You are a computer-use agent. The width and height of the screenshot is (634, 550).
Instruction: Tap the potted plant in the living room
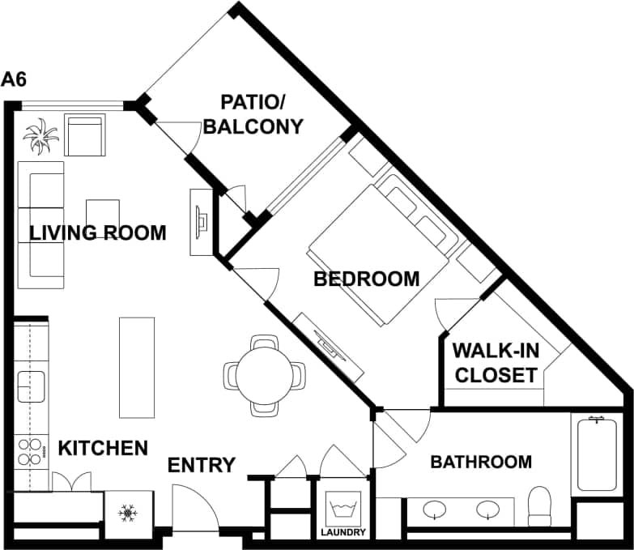(x=40, y=135)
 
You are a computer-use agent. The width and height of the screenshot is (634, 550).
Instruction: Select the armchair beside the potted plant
(x=84, y=135)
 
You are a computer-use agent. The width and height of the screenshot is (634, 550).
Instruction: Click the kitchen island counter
(x=136, y=367)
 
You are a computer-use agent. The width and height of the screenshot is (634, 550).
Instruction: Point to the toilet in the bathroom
(x=539, y=505)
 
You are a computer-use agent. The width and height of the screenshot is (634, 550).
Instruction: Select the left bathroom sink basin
(x=436, y=509)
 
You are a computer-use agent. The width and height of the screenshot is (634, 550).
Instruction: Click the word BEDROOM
(x=366, y=279)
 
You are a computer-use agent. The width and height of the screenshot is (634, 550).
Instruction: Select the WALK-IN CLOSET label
(x=494, y=363)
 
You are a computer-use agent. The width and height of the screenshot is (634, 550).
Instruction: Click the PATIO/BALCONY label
(x=253, y=114)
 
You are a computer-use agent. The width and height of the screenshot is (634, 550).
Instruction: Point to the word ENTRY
(x=201, y=466)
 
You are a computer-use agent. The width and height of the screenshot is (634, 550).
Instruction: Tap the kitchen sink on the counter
(x=32, y=387)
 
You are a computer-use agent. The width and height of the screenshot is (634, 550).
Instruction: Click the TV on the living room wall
(x=200, y=220)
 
